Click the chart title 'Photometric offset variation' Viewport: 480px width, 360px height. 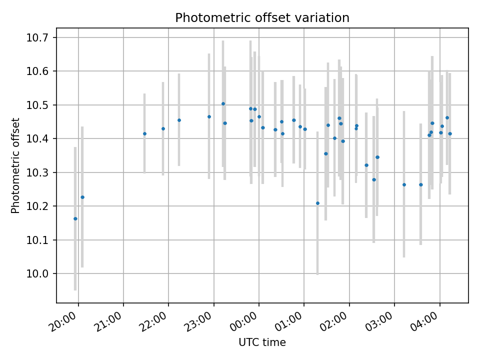tap(262, 18)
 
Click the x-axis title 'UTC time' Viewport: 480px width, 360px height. tap(262, 342)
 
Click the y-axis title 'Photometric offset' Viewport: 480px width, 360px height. tap(15, 165)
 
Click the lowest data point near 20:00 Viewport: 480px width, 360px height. tap(75, 218)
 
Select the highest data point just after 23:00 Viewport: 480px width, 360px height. tap(223, 104)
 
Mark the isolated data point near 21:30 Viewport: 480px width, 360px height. tap(144, 133)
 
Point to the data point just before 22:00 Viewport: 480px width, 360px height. tap(163, 128)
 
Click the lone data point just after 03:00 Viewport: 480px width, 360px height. tap(404, 184)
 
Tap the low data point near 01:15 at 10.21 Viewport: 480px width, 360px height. tap(317, 203)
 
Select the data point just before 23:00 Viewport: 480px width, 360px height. tap(209, 116)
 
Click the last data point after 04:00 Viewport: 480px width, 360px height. tap(450, 133)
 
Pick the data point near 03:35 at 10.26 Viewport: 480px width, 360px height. tap(421, 184)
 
